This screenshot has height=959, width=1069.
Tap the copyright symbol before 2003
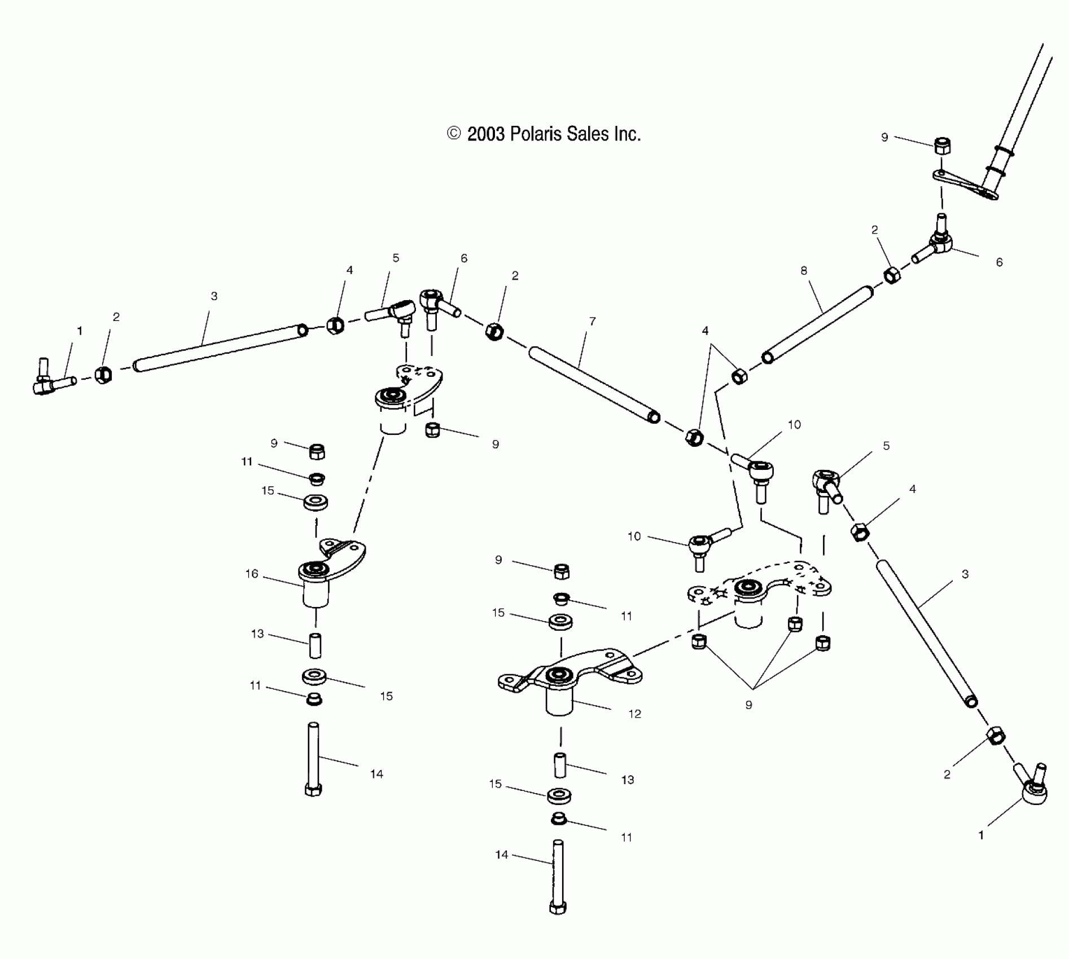coord(454,134)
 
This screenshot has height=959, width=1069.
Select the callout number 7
coord(592,321)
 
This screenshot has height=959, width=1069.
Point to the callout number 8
coord(804,271)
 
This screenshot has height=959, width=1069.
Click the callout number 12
coord(635,714)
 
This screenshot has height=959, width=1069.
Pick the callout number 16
coord(251,574)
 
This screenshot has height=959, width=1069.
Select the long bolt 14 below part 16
coord(313,759)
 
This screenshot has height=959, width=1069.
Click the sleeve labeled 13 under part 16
coord(316,646)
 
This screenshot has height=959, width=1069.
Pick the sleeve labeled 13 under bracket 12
coord(560,766)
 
